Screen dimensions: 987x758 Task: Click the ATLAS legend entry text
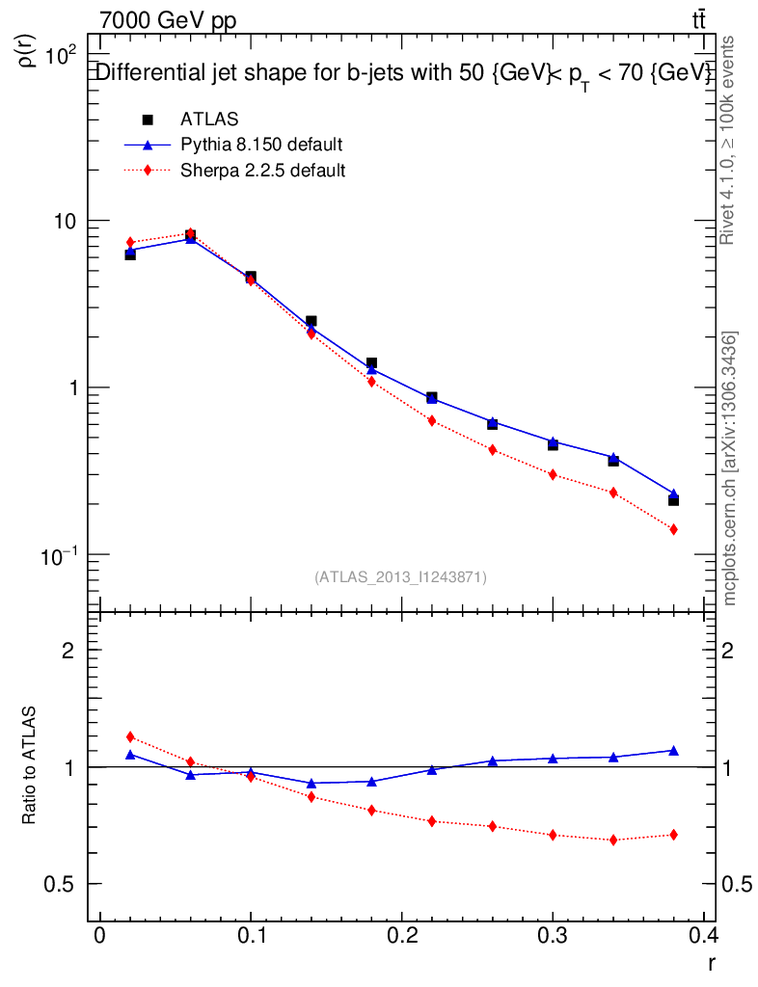(x=209, y=120)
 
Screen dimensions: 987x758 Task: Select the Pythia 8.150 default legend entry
(x=261, y=145)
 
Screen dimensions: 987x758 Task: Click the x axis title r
(x=711, y=962)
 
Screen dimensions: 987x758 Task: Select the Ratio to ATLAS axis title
(x=30, y=764)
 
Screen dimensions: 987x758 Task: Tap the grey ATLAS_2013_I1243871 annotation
(x=400, y=577)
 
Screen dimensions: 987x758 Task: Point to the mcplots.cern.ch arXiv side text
(x=731, y=468)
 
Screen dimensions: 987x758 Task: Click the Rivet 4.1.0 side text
(x=729, y=140)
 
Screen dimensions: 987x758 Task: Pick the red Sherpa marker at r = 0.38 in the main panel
(x=673, y=529)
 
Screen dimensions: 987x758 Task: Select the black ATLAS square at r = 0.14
(x=311, y=321)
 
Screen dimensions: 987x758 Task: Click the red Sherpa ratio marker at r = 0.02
(x=130, y=737)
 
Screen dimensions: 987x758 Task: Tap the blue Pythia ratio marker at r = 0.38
(x=673, y=750)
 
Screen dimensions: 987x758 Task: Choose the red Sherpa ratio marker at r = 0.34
(x=613, y=840)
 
